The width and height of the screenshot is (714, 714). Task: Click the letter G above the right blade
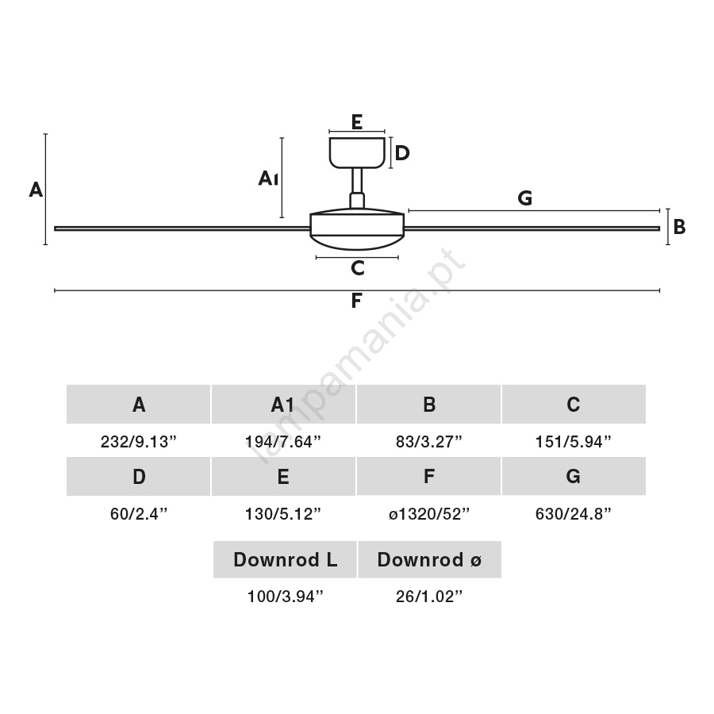click(x=524, y=198)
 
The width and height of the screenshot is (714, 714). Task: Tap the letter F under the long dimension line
click(x=356, y=301)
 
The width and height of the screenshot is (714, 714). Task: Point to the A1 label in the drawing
click(x=268, y=178)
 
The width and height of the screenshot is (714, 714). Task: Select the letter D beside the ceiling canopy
click(x=402, y=153)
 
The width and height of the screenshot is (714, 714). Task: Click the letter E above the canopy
click(x=357, y=122)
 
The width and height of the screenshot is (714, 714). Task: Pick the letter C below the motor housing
click(x=358, y=268)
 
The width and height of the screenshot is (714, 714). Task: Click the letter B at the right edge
click(x=679, y=227)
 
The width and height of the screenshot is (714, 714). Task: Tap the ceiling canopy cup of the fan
click(x=358, y=152)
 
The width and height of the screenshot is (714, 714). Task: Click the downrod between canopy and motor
click(x=357, y=188)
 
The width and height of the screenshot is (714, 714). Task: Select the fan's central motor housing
click(x=357, y=229)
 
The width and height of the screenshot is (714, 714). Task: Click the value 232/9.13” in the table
click(x=138, y=442)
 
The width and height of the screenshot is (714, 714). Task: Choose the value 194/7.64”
click(x=282, y=442)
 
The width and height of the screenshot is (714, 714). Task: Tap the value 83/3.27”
click(x=429, y=442)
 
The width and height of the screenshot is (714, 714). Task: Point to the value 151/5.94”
click(x=574, y=442)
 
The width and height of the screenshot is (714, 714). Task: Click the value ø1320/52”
click(x=429, y=514)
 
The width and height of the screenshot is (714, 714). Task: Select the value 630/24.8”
click(x=574, y=514)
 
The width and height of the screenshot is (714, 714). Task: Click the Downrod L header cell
click(x=285, y=559)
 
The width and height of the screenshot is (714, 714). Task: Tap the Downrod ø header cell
click(x=429, y=559)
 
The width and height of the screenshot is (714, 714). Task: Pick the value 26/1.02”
click(x=429, y=597)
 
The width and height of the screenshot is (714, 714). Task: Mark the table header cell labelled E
click(x=283, y=476)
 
